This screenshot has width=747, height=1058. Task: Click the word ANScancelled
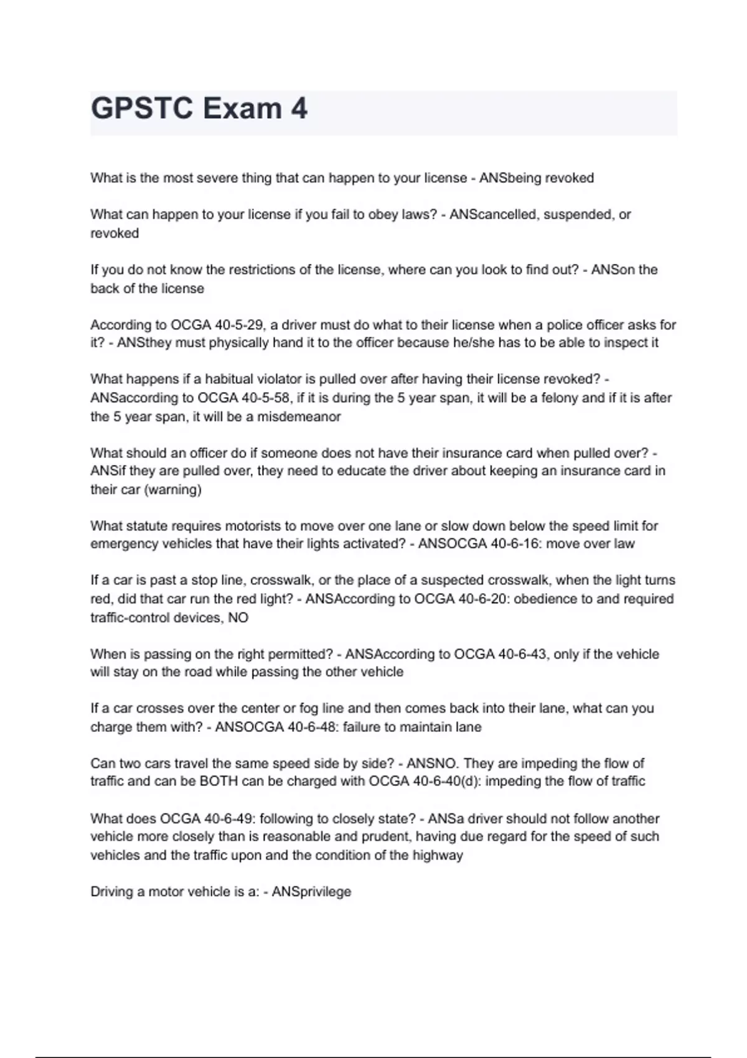493,215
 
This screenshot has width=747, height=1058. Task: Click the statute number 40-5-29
240,325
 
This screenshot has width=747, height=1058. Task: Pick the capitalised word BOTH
218,782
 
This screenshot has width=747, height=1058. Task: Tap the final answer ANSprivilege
311,892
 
